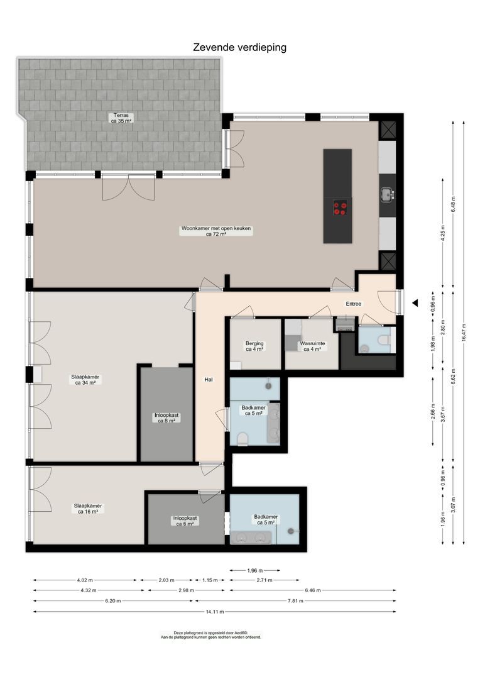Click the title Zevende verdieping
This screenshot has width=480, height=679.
tap(239, 47)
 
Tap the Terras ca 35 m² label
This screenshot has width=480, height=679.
tap(122, 118)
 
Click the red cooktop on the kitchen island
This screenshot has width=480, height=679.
tap(340, 208)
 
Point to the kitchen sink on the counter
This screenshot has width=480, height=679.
tap(386, 196)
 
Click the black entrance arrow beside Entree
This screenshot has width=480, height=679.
tap(415, 304)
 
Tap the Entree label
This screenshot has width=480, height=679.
tap(354, 304)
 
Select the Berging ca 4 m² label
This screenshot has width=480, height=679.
tap(254, 346)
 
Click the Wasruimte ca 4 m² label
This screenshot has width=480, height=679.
tap(312, 346)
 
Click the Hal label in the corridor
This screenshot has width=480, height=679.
tap(209, 379)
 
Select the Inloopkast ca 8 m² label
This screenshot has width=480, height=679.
tap(166, 417)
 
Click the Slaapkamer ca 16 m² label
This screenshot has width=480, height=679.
tap(88, 508)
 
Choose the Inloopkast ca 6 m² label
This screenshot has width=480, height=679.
tap(185, 521)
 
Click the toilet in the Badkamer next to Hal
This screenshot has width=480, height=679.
tap(243, 438)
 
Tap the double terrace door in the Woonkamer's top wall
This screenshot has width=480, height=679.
tap(128, 187)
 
